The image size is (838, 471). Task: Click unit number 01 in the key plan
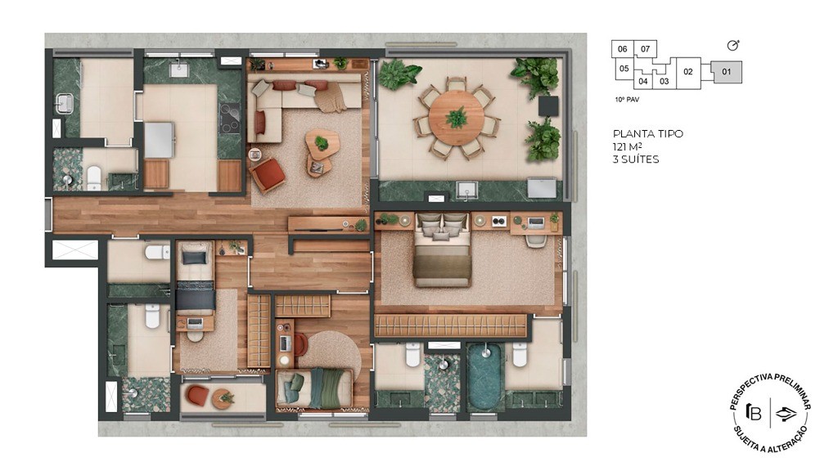coord(727,72)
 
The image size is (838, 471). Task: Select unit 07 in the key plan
coord(645,49)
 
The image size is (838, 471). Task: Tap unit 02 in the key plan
coord(687,72)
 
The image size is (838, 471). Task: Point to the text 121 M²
coord(628,146)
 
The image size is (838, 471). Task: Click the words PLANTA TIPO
coord(648,133)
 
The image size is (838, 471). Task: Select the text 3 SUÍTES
coord(636,159)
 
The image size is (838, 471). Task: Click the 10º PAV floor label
coord(627,100)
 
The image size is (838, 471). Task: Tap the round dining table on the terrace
coord(457,118)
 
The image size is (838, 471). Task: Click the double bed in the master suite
coord(442,249)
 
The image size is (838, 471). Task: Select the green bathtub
coord(484,376)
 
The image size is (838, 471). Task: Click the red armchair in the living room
coord(268,175)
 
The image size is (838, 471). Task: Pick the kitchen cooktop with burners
coord(230,118)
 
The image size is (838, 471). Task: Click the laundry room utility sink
coord(65,103)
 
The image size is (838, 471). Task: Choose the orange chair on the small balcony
coord(198,395)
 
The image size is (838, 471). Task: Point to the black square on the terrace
coord(548,105)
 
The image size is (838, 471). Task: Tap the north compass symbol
coord(733,46)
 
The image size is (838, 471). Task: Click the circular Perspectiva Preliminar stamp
coord(770,413)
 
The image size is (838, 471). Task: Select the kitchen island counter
coord(160,140)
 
